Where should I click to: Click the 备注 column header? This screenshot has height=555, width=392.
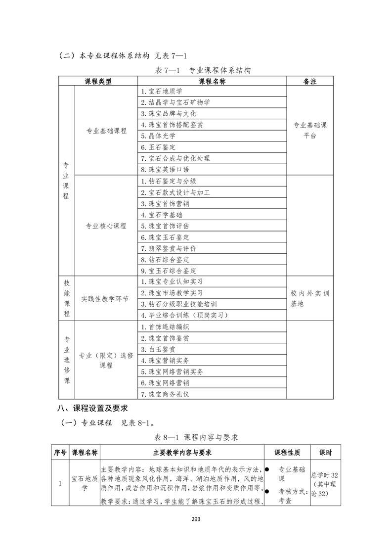(310, 81)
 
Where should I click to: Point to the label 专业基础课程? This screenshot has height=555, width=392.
(106, 131)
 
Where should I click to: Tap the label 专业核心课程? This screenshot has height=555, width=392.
(106, 226)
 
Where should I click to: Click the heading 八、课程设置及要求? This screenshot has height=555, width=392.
(92, 409)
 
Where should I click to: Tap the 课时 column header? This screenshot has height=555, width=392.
(325, 453)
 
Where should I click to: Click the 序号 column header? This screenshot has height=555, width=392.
(60, 453)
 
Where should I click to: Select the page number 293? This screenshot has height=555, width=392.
(196, 519)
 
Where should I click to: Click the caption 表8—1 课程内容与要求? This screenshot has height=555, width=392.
(196, 437)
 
